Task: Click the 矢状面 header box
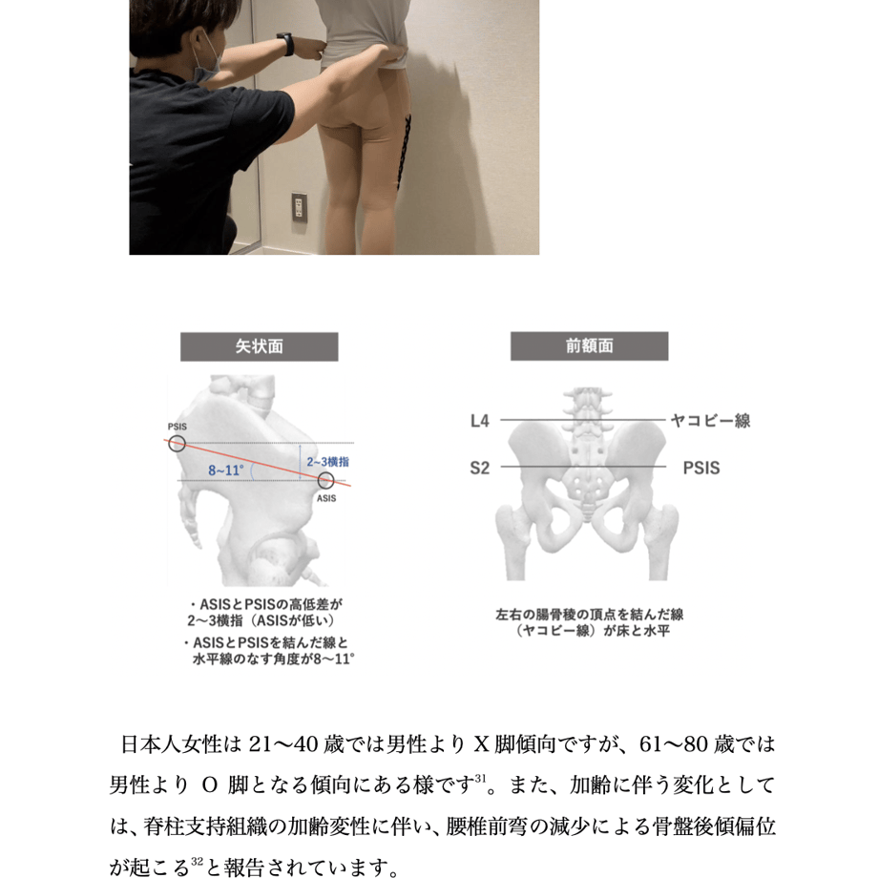(x=259, y=346)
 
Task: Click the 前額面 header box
(x=589, y=346)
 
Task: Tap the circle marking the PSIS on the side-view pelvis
(x=177, y=444)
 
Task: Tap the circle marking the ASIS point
(x=325, y=480)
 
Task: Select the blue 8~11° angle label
(x=226, y=470)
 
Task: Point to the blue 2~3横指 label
(x=327, y=462)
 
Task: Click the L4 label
(x=480, y=421)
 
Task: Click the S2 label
(x=480, y=468)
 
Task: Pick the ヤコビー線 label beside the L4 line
(x=711, y=421)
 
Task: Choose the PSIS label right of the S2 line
(x=701, y=468)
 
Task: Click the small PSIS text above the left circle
(x=177, y=427)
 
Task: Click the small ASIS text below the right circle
(x=326, y=498)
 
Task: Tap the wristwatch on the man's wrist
(x=286, y=44)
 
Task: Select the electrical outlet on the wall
(x=299, y=207)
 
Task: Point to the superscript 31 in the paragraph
(x=480, y=778)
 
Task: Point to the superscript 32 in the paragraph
(x=196, y=861)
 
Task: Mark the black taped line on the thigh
(x=403, y=150)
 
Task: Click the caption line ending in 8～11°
(x=273, y=659)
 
